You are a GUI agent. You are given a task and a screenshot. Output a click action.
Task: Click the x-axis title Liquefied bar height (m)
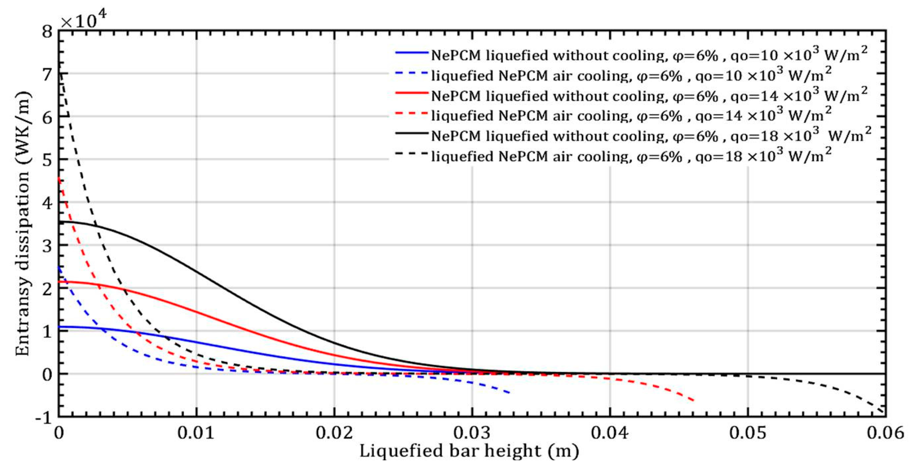click(x=469, y=451)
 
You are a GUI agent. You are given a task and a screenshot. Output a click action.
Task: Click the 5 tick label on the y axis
click(x=47, y=160)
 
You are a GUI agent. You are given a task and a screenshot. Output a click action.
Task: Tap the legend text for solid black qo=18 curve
click(x=651, y=136)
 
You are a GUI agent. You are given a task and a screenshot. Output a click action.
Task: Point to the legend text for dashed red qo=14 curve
click(x=631, y=116)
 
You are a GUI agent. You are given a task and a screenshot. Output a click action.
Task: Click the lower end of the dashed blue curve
click(x=509, y=392)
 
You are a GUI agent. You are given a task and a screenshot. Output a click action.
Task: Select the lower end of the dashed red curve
click(x=693, y=401)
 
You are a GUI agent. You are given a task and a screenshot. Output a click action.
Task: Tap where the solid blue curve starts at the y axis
click(x=60, y=327)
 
